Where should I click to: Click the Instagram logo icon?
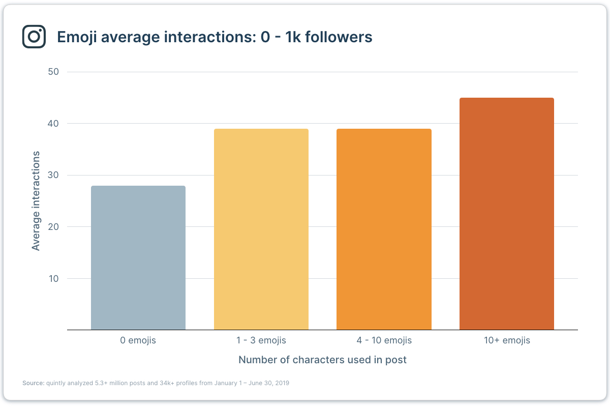point(34,37)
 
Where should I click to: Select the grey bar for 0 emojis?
point(138,258)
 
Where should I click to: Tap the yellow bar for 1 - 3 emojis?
point(261,229)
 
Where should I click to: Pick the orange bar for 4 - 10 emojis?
point(384,229)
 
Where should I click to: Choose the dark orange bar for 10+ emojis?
point(507,214)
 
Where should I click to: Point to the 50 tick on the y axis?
point(54,72)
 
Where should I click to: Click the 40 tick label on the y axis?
point(54,124)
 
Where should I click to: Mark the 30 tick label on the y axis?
point(54,175)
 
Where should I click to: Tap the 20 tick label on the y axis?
point(54,227)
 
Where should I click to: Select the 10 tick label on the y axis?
point(54,279)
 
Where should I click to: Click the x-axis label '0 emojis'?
point(138,340)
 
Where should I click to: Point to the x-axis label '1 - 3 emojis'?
point(261,340)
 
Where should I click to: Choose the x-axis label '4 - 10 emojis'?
point(384,340)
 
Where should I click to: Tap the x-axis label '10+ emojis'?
point(507,340)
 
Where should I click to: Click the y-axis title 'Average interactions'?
point(36,200)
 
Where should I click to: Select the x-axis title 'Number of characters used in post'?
point(322,360)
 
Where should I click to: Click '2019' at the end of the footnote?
point(282,383)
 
